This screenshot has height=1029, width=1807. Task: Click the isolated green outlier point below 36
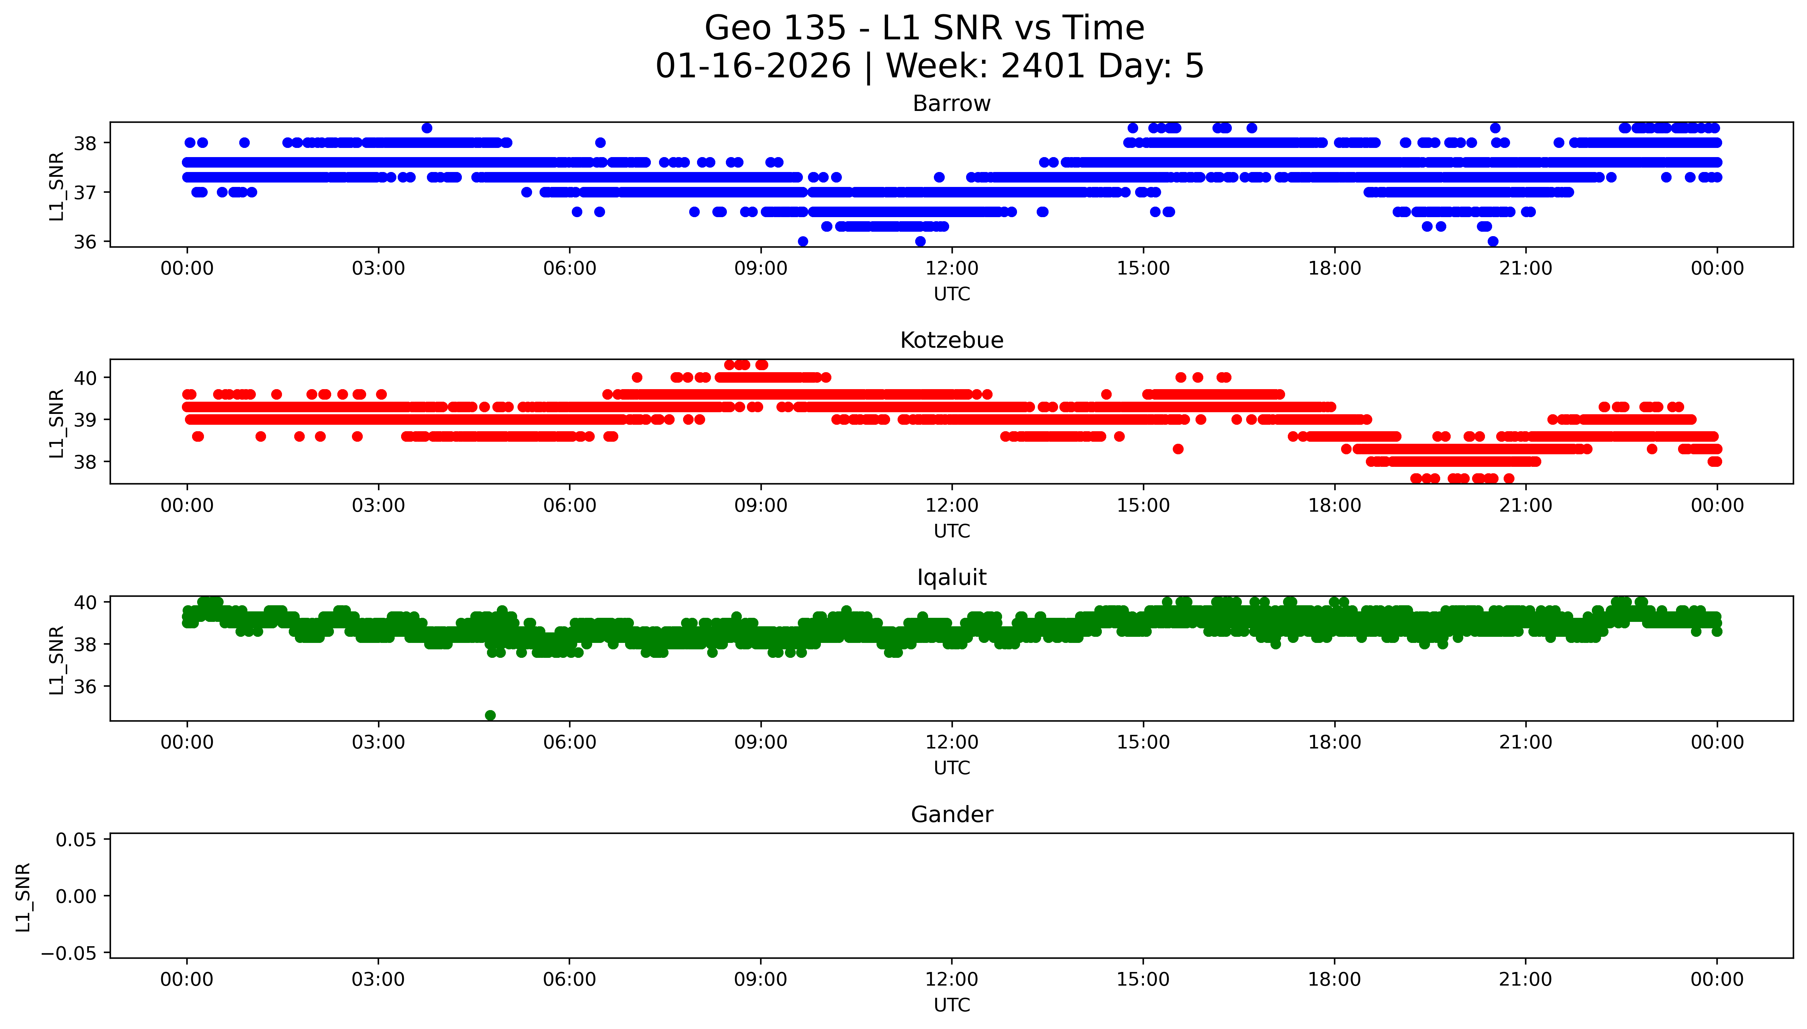point(490,715)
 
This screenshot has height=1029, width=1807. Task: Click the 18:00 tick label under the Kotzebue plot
point(1334,505)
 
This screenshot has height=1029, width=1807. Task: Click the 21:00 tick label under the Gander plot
point(1525,979)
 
